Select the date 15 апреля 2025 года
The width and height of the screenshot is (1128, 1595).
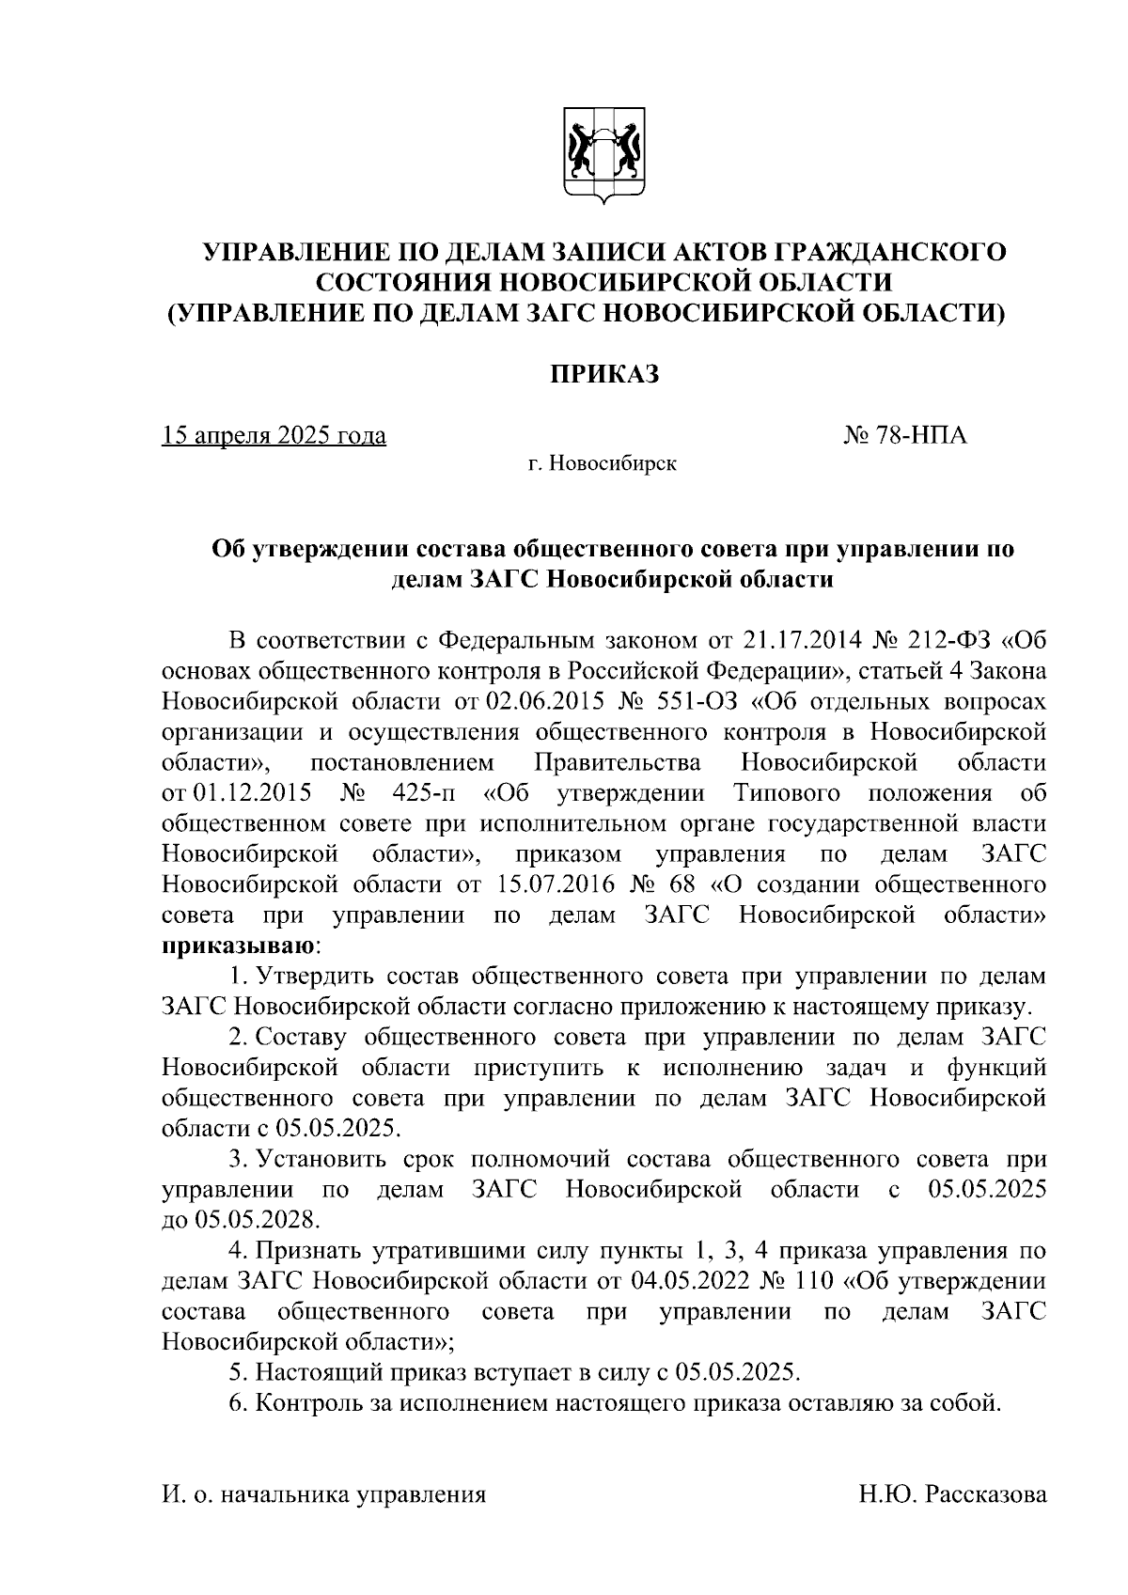274,436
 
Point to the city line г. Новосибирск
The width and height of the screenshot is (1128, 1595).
602,463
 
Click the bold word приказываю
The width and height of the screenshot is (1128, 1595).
240,945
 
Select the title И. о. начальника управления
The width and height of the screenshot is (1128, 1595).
324,1493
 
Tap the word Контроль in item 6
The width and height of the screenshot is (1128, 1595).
305,1403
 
